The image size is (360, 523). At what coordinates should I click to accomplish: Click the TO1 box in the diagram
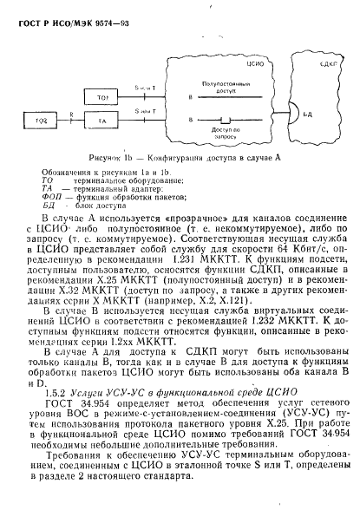click(x=103, y=96)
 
